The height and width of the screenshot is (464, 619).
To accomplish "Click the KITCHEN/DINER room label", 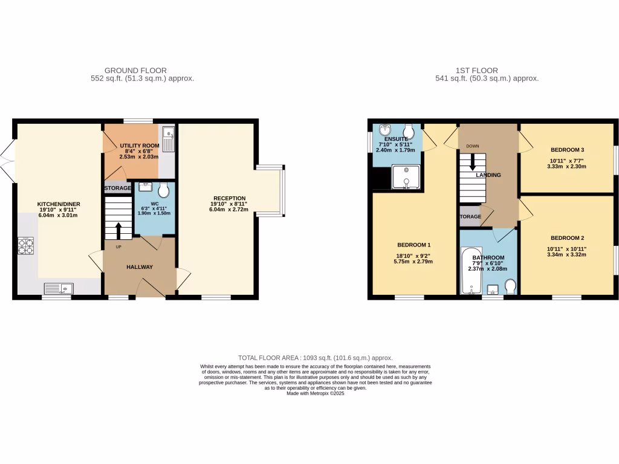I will coord(59,204).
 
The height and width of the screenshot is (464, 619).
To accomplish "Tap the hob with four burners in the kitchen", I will coord(26,246).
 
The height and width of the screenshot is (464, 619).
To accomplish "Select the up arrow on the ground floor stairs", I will coord(118,230).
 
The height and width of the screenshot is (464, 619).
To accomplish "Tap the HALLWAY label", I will coord(139,267).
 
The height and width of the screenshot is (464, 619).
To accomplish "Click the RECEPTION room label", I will coord(229,198).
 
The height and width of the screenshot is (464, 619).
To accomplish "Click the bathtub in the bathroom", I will coord(471,271).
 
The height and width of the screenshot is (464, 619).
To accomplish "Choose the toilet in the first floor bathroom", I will coord(510,286).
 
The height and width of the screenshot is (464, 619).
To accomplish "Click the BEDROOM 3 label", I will coord(568,149).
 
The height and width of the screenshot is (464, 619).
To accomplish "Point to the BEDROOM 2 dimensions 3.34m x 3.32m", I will coord(568,254).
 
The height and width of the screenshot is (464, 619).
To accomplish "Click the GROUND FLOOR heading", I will coord(135,71).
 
